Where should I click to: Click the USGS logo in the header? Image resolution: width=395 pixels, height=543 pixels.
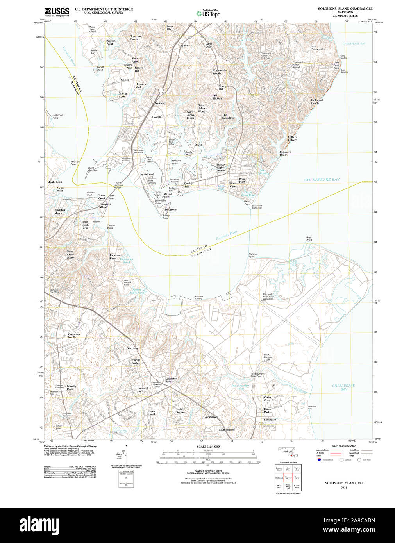pos(57,12)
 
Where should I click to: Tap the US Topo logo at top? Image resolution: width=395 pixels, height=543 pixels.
pos(209,13)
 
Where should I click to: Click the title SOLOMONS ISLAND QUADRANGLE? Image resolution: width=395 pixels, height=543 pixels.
pos(345,9)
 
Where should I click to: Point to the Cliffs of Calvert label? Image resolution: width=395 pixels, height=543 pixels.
pos(292,139)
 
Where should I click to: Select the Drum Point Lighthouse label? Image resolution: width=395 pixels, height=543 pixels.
pos(257,207)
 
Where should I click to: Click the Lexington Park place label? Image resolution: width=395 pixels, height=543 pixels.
pos(171,380)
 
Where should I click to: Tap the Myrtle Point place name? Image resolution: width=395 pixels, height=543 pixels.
pos(55,182)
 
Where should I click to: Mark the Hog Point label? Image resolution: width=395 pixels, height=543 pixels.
pos(309,238)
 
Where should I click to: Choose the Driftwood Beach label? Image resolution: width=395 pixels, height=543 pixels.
pos(317,101)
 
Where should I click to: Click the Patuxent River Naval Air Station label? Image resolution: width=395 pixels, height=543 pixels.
pos(268,296)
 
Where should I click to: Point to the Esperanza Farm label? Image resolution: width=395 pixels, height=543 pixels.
pos(116,257)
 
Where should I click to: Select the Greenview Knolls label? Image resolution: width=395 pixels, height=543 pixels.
pos(74,336)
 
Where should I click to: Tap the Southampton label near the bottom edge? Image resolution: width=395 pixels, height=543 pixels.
pos(227,430)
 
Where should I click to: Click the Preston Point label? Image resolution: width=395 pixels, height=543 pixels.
pos(111,42)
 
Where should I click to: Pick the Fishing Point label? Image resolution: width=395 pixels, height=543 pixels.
pos(252,255)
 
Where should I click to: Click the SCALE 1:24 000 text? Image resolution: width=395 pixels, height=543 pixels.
pos(208,447)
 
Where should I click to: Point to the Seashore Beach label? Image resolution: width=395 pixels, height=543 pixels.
pos(285,153)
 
